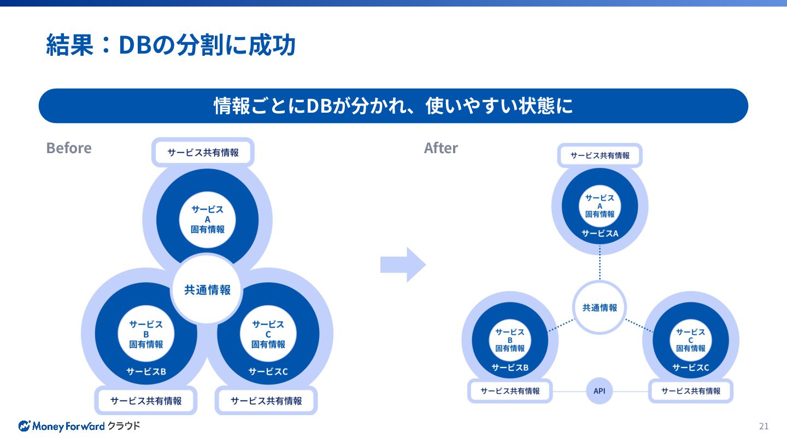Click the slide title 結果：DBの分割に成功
[171, 45]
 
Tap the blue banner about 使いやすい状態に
[393, 106]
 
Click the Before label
[69, 148]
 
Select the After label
[441, 148]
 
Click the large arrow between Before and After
[403, 265]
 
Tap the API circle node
[600, 391]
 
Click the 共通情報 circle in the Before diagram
[207, 289]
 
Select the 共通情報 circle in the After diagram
[600, 307]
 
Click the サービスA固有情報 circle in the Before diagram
[207, 219]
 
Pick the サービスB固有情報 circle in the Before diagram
[146, 334]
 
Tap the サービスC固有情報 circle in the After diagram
[691, 340]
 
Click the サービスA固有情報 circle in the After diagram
[600, 206]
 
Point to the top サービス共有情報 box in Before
[203, 152]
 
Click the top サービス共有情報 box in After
[600, 155]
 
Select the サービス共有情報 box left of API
[510, 391]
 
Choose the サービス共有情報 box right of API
[691, 391]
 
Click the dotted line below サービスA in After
[600, 263]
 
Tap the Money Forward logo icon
[25, 426]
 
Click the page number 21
[763, 426]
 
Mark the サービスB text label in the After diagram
[510, 368]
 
